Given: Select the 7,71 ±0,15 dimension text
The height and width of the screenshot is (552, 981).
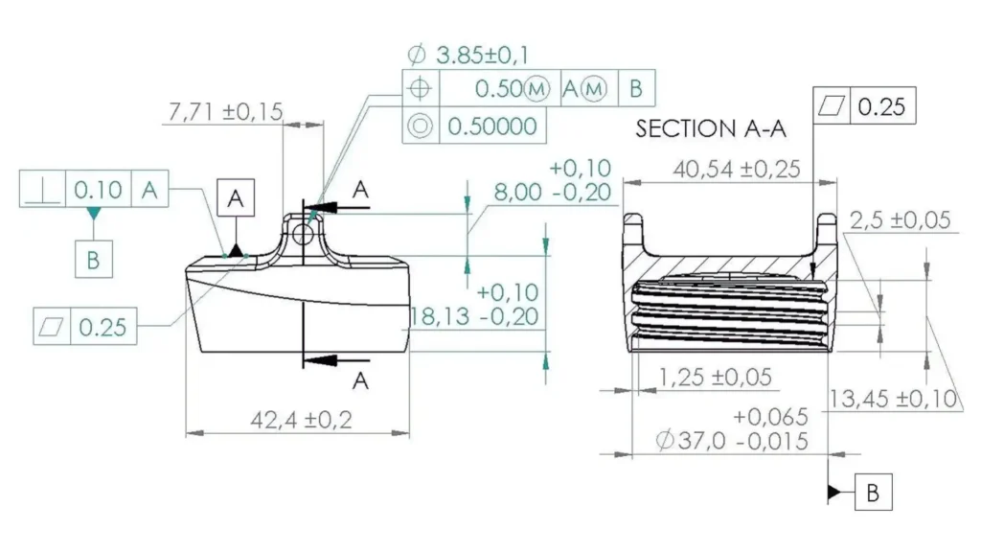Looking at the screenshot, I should click(x=225, y=112).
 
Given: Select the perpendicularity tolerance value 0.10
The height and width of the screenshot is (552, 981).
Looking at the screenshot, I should click(x=98, y=190).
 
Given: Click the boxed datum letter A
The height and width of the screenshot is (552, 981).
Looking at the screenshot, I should click(x=237, y=198).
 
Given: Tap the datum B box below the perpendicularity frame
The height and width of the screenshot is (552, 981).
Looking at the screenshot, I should click(x=94, y=259).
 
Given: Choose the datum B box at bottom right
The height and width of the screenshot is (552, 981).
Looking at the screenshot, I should click(x=873, y=493).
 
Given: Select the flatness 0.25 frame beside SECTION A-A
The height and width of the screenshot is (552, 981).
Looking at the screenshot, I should click(x=864, y=106).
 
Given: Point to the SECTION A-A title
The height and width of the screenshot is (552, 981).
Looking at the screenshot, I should click(x=711, y=130).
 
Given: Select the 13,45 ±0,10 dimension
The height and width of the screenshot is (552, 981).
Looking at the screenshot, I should click(x=894, y=399).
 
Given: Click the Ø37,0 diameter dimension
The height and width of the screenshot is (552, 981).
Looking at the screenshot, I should click(x=733, y=441).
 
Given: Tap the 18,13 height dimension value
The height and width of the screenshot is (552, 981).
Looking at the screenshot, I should click(x=474, y=316).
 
